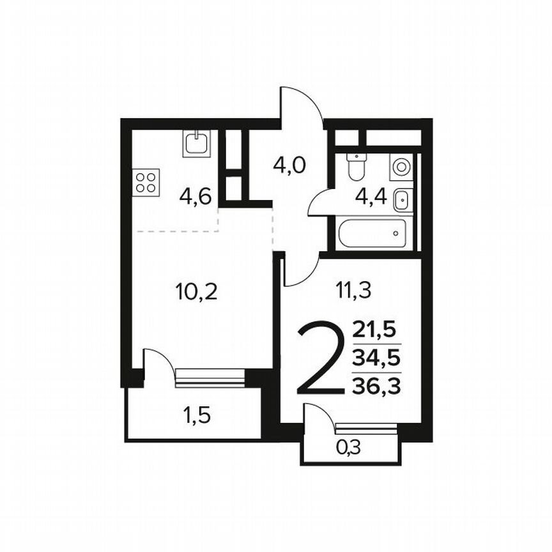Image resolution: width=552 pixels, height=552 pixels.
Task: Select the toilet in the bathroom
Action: click(x=356, y=165)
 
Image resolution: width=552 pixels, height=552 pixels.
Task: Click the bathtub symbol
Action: click(x=372, y=234)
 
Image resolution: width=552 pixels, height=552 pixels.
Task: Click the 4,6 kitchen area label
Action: click(x=195, y=196)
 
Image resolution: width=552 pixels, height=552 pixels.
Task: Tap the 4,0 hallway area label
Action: click(x=289, y=165)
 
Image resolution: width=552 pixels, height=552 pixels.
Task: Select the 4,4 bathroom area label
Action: click(x=371, y=196)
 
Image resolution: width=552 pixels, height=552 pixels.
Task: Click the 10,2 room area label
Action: click(x=196, y=292)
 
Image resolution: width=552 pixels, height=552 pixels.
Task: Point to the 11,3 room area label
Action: click(x=353, y=291)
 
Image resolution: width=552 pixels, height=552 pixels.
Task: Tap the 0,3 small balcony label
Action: click(x=348, y=448)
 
